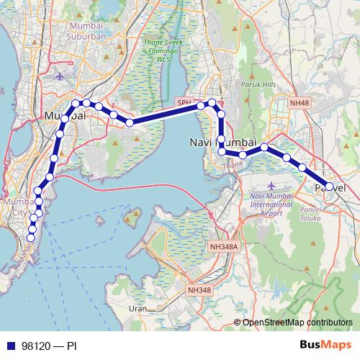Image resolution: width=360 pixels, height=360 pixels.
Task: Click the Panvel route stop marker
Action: (x=329, y=186)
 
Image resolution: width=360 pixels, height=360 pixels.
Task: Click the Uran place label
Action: (x=136, y=308)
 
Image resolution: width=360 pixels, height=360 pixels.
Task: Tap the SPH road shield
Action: (x=184, y=103)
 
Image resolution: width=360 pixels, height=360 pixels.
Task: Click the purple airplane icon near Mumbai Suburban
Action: (x=60, y=74)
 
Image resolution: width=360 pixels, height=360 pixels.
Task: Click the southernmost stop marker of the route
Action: (x=31, y=237)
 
